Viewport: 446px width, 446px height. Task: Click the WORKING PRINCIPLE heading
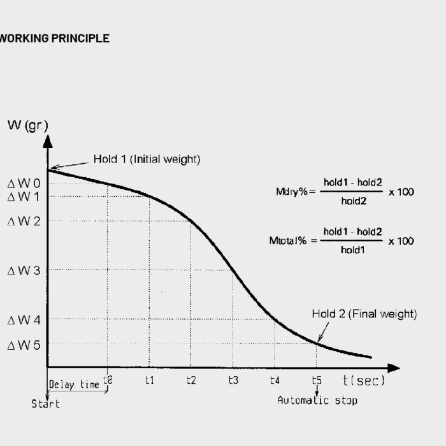pyautogui.click(x=54, y=38)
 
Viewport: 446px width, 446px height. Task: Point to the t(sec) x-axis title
pyautogui.click(x=364, y=380)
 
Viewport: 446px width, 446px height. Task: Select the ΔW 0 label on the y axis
pyautogui.click(x=24, y=183)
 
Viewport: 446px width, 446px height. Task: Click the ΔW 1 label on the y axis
pyautogui.click(x=24, y=196)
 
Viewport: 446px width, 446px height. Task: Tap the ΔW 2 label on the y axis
pyautogui.click(x=24, y=221)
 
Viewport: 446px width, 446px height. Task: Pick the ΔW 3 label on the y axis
pyautogui.click(x=24, y=270)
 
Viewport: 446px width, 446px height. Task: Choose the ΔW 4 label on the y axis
pyautogui.click(x=24, y=319)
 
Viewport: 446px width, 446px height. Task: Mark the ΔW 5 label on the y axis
pyautogui.click(x=24, y=345)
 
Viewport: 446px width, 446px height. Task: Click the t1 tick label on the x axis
pyautogui.click(x=149, y=380)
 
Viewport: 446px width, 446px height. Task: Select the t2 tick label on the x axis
pyautogui.click(x=191, y=380)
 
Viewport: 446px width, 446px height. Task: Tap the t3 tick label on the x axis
pyautogui.click(x=233, y=380)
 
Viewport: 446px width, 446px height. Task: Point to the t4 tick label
pyautogui.click(x=275, y=380)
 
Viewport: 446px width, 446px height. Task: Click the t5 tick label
pyautogui.click(x=317, y=380)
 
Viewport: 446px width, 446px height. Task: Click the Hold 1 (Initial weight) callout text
pyautogui.click(x=147, y=159)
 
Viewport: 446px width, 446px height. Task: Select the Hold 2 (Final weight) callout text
pyautogui.click(x=364, y=313)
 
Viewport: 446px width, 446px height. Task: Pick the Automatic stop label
pyautogui.click(x=317, y=400)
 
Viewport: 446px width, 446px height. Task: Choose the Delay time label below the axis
pyautogui.click(x=74, y=385)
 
